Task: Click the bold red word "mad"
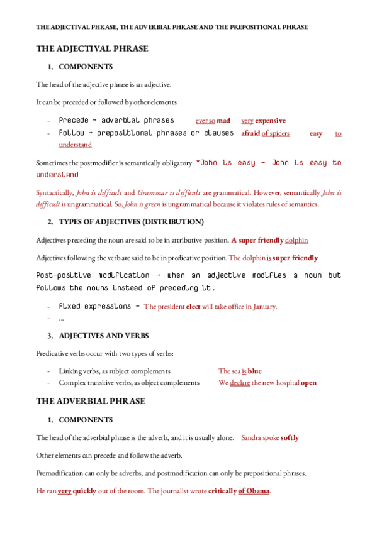coord(224,121)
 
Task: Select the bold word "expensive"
coord(270,121)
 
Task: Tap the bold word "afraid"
coord(250,133)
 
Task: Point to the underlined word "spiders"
coord(279,133)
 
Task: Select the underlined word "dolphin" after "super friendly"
coord(296,240)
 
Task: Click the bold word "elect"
coord(194,307)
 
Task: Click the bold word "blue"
coord(255,371)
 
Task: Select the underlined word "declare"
coord(240,382)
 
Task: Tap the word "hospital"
coord(286,382)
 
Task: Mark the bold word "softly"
coord(290,437)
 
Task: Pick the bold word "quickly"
coord(85,491)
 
